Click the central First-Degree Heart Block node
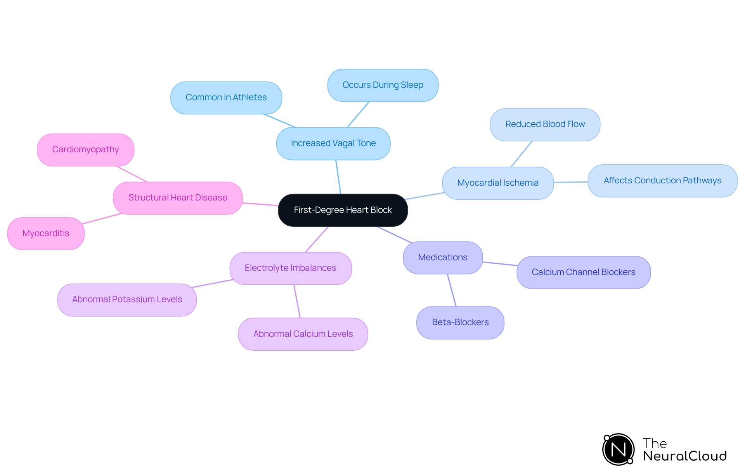coord(343,210)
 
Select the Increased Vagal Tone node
coord(333,143)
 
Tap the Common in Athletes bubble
coord(226,98)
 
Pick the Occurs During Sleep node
coord(383,85)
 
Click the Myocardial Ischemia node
coord(498,183)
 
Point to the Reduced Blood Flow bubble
coord(545,124)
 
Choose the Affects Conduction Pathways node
coord(662,181)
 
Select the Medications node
coord(443,258)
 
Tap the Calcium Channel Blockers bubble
coord(583,272)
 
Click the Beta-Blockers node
coord(460,322)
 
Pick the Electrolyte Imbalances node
coord(290,268)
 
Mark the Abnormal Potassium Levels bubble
coord(127,300)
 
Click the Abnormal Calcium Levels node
coord(303,334)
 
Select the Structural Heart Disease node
coord(178,198)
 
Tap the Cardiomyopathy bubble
coord(85,150)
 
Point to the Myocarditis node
coord(46,233)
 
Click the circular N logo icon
coord(618,449)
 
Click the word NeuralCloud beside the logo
coord(684,456)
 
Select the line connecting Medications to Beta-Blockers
coord(452,290)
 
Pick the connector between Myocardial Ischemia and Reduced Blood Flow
coord(521,154)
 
